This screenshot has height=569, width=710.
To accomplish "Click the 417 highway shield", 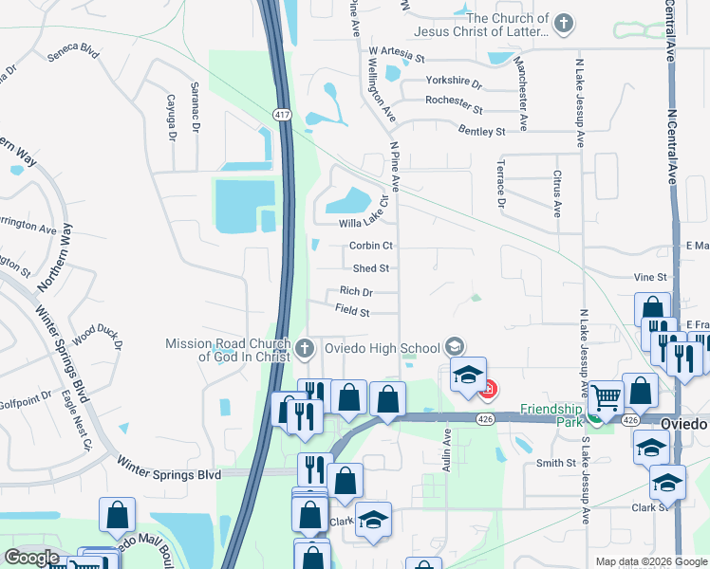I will [x=280, y=115].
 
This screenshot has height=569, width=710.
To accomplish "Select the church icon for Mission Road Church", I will [x=304, y=347].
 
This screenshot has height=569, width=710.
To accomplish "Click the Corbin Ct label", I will [x=371, y=246].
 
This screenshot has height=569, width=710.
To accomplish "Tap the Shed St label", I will [x=371, y=269].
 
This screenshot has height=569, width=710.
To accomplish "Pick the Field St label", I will [x=352, y=310].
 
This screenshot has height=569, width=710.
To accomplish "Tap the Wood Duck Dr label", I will [x=98, y=336].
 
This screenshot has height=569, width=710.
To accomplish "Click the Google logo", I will [x=32, y=558].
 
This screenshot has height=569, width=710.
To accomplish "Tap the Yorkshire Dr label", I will [x=455, y=83].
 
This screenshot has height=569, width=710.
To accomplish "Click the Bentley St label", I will [x=481, y=131].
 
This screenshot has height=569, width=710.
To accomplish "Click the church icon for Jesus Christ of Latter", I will [x=564, y=23].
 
